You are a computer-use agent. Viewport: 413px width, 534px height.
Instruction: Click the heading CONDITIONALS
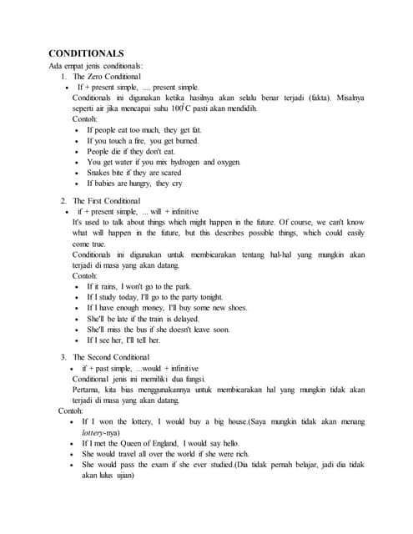(86, 53)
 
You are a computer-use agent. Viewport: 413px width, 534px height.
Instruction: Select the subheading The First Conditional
(106, 201)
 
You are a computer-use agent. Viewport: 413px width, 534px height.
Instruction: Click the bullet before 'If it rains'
(78, 287)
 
